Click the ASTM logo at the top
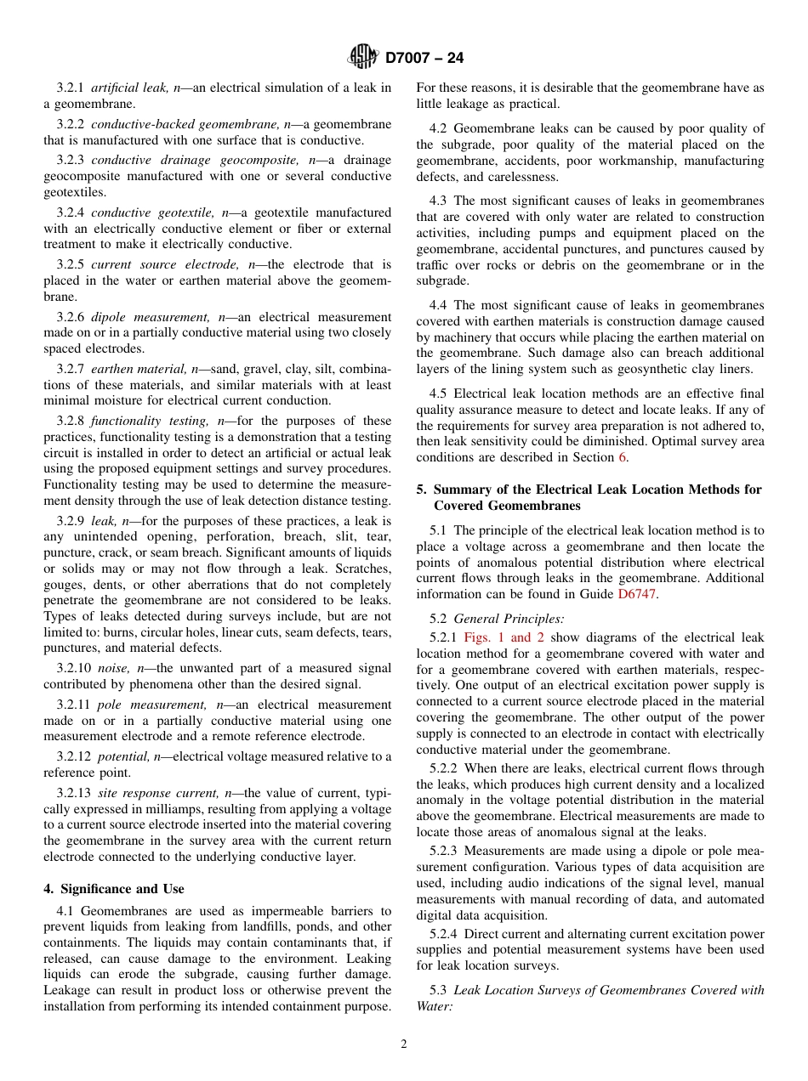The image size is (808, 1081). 363,58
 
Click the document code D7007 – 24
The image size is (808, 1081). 424,59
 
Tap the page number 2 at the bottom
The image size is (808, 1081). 404,1044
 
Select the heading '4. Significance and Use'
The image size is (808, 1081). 114,889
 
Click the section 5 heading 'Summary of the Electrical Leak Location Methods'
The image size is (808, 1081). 589,497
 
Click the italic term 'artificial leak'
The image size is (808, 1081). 130,88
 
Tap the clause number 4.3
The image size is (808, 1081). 439,201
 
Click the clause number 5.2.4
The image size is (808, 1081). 447,934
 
